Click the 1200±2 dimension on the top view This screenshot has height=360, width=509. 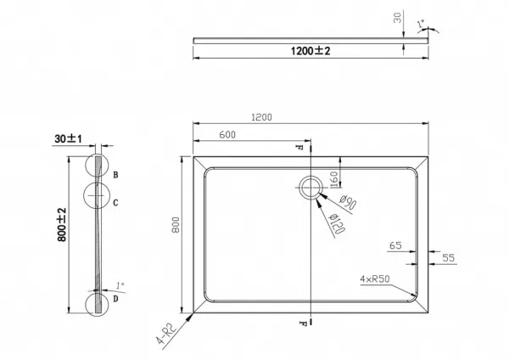(x=310, y=51)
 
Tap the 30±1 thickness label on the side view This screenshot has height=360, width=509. (x=68, y=138)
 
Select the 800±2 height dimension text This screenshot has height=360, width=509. (x=62, y=225)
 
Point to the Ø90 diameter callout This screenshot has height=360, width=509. (x=349, y=202)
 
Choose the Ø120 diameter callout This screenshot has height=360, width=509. (x=336, y=224)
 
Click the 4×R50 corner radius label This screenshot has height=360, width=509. (x=375, y=278)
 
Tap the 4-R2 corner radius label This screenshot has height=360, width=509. (x=166, y=333)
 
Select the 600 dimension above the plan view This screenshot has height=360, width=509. (x=227, y=134)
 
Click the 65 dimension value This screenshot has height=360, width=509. (x=395, y=245)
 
